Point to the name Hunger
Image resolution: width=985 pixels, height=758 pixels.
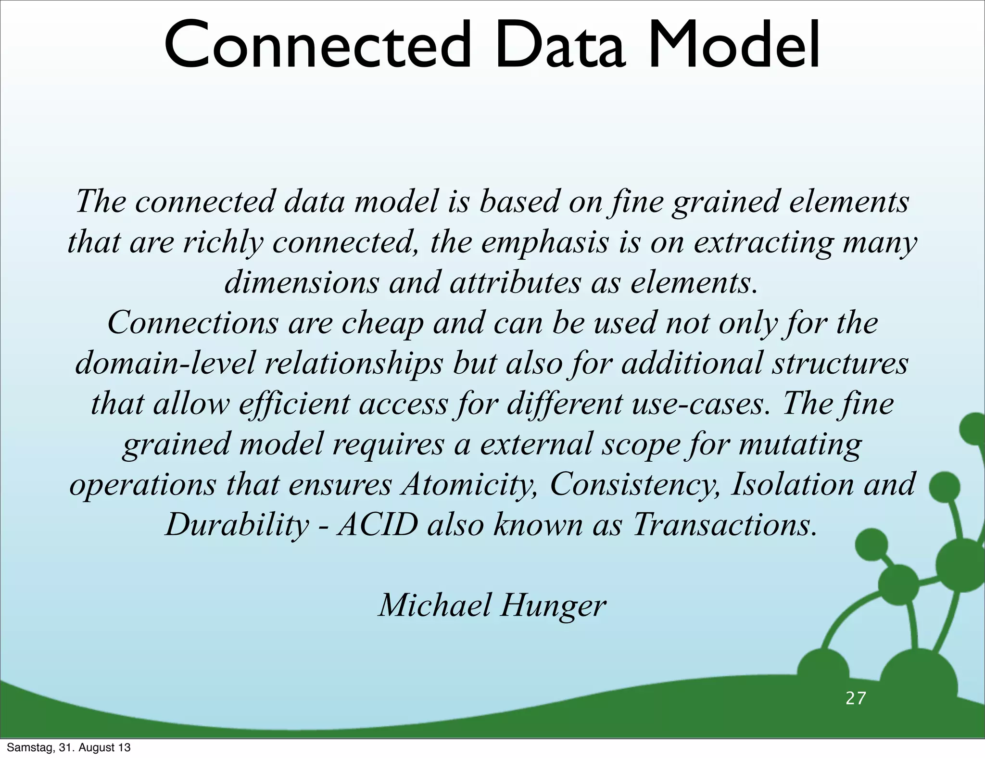553,605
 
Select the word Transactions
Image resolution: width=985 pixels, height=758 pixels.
724,524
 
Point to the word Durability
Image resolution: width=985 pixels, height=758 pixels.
237,524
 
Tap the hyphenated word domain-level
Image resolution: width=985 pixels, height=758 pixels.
165,363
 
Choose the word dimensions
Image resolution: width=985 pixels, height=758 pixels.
302,282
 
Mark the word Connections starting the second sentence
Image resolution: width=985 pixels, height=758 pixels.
192,322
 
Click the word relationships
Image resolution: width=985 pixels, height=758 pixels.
354,363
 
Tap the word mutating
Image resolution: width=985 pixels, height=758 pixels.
799,443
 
